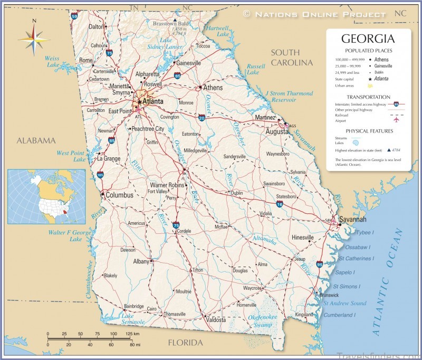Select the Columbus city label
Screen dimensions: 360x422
120,195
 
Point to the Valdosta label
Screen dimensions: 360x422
215,320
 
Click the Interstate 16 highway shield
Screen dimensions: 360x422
280,204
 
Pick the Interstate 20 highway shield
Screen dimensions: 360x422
202,118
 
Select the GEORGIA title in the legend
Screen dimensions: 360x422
368,39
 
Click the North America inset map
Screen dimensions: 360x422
46,195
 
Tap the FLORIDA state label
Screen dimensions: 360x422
185,343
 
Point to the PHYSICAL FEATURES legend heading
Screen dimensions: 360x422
369,130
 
